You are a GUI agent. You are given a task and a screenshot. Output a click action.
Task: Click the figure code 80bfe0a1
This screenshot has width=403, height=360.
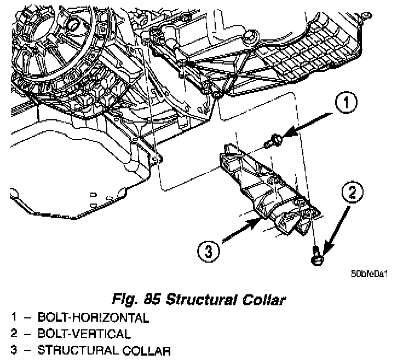(x=370, y=274)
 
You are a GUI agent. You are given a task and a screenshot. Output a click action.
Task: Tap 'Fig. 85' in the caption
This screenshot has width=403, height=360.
(x=141, y=300)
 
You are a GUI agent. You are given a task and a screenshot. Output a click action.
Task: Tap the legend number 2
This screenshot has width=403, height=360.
(x=14, y=334)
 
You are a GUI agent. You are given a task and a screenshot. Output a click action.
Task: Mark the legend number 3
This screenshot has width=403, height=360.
(x=14, y=350)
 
